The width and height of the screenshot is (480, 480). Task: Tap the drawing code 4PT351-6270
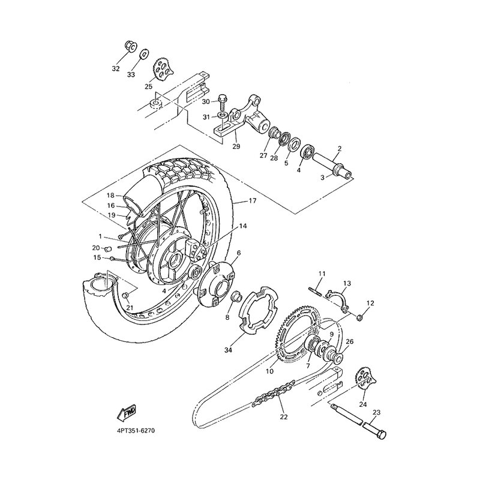click(x=136, y=431)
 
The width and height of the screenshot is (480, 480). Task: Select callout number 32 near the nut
click(x=116, y=68)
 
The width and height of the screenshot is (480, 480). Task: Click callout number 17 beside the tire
click(x=253, y=201)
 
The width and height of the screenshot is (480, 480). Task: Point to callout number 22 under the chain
click(x=284, y=416)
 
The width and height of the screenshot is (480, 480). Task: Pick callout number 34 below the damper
click(x=229, y=350)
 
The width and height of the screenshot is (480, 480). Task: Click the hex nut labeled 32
click(x=131, y=47)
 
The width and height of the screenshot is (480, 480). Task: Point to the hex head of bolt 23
click(x=380, y=434)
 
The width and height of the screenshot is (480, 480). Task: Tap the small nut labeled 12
click(x=360, y=318)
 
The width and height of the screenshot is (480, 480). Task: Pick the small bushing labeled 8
click(x=235, y=296)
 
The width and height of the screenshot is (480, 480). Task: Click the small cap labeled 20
click(x=108, y=248)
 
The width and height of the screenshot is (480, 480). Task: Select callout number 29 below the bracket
click(x=236, y=146)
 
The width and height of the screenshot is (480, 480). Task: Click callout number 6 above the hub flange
click(x=239, y=253)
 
